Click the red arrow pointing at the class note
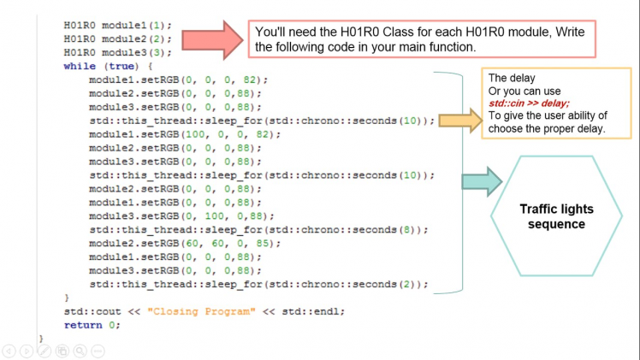click(212, 40)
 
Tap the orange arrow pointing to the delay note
click(461, 121)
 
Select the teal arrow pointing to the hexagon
click(482, 181)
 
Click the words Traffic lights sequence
click(556, 216)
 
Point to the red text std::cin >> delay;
click(529, 103)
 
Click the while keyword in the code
click(80, 66)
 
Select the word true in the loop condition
click(121, 66)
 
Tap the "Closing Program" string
click(201, 311)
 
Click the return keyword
click(83, 325)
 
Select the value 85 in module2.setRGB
click(263, 244)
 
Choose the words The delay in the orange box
click(512, 78)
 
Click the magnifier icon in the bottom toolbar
click(80, 351)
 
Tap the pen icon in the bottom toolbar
click(44, 351)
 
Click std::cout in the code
click(92, 311)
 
